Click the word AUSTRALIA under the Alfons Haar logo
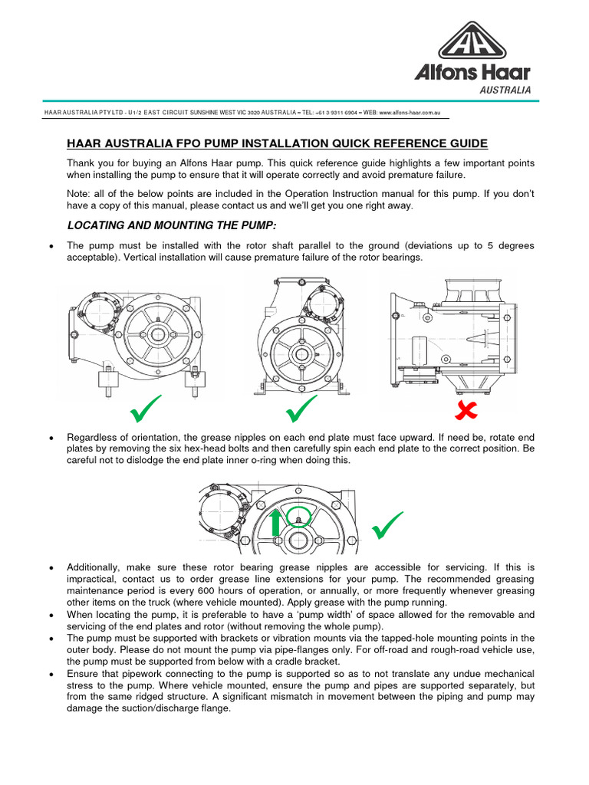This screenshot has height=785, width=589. click(x=505, y=90)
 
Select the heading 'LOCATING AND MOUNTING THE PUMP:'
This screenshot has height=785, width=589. click(x=172, y=225)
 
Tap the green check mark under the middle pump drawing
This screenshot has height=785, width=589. click(x=301, y=410)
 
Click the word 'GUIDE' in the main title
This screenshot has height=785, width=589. click(x=462, y=143)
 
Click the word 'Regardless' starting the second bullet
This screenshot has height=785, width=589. click(x=95, y=436)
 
